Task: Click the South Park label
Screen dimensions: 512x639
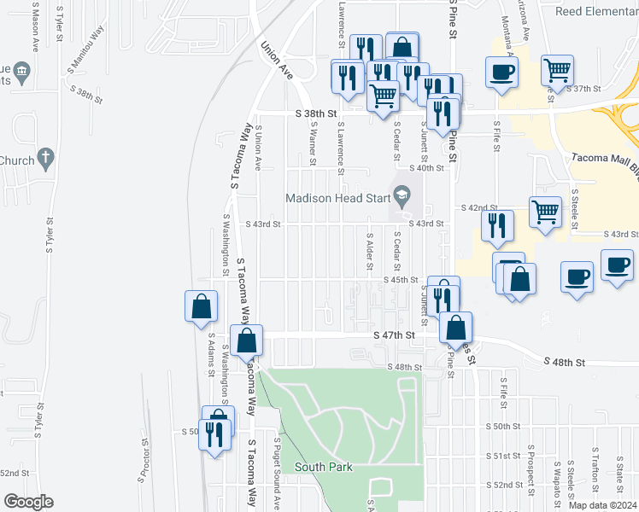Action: [x=324, y=467]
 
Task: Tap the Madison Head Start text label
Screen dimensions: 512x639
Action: [x=337, y=198]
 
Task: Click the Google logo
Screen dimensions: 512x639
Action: [x=28, y=502]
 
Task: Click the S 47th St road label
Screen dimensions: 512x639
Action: [x=394, y=336]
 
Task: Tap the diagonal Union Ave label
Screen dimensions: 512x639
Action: [x=277, y=61]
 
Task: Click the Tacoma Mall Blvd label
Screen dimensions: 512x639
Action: [x=604, y=158]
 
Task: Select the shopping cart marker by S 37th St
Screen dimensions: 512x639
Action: [x=557, y=70]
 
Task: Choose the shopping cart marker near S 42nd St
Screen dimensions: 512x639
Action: [x=545, y=212]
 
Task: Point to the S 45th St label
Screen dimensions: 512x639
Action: [x=402, y=280]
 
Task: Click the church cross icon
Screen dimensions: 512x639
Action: [x=47, y=158]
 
